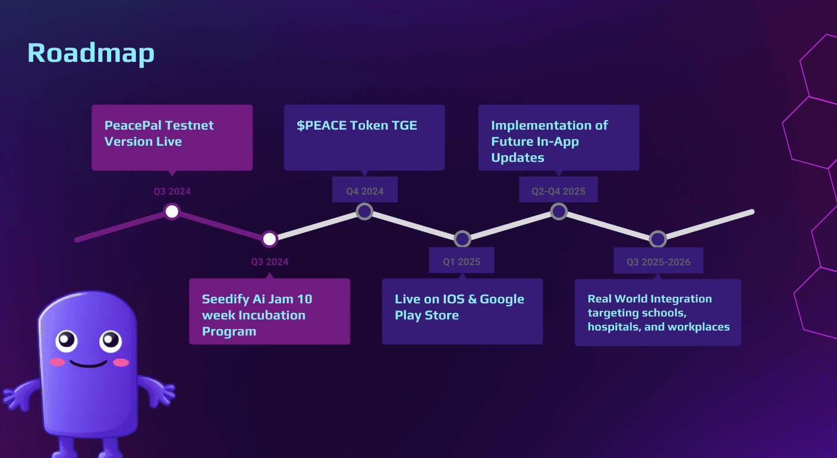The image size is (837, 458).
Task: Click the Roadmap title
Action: (90, 53)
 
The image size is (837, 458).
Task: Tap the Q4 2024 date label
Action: (365, 192)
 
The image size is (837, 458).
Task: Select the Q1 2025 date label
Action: (461, 262)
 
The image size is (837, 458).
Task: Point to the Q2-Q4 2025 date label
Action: (558, 192)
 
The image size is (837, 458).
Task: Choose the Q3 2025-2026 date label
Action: (658, 262)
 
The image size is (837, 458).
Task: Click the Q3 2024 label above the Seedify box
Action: (269, 262)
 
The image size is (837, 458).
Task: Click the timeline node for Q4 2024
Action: (364, 211)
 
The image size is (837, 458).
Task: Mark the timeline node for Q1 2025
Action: (462, 239)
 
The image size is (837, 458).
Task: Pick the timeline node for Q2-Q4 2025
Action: (558, 211)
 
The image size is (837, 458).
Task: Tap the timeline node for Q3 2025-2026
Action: (657, 239)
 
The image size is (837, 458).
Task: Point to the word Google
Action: (502, 299)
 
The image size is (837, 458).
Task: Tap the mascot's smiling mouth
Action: (88, 362)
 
